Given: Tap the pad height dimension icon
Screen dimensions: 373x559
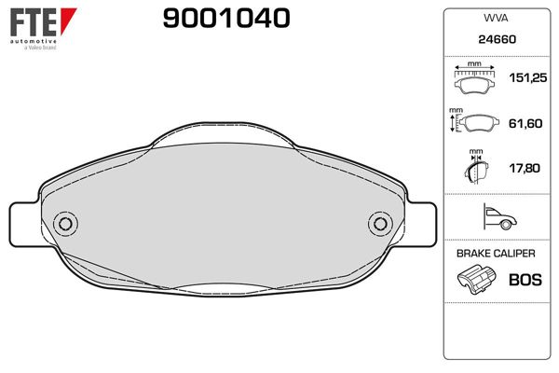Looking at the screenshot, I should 475,123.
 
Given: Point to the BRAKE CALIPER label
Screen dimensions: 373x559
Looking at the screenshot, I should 496,254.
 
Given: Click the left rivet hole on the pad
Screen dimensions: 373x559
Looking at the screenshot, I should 65,224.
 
